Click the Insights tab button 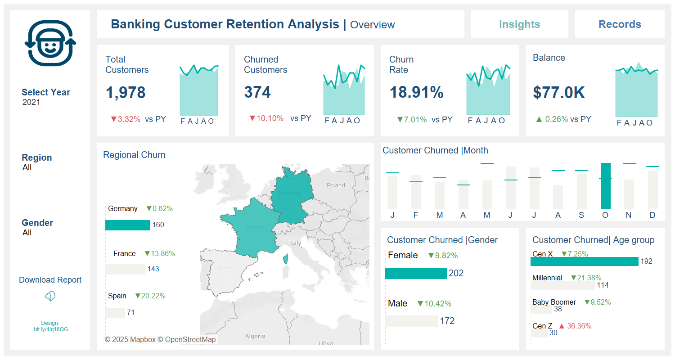point(519,24)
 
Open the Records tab point(620,24)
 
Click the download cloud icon point(50,296)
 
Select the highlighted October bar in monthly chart point(605,186)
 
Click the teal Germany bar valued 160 point(127,225)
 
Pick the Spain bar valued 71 point(115,313)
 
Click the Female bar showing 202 point(416,273)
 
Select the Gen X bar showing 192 point(584,261)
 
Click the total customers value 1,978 point(126,93)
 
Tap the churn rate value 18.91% point(416,93)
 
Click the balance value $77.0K point(559,93)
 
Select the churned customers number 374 point(257,93)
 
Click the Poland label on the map point(336,185)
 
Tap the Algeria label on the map point(255,336)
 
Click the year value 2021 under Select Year point(31,102)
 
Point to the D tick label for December point(652,215)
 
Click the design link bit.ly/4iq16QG point(50,329)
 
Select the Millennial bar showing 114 point(562,285)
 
